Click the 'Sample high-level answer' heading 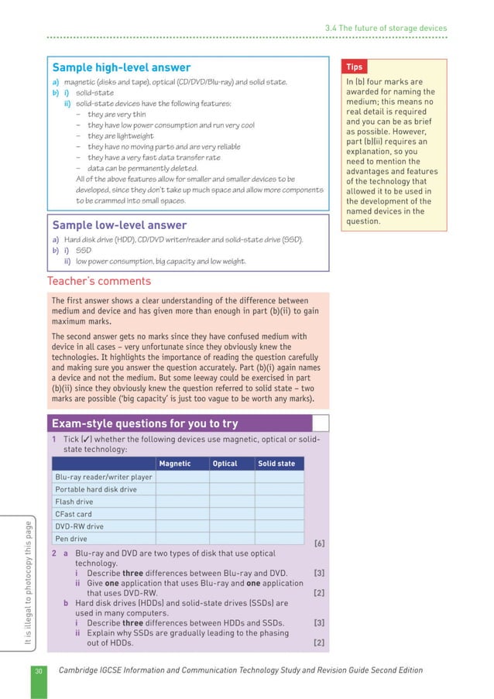[x=121, y=67]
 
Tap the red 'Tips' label [x=355, y=67]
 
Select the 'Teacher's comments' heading [x=99, y=281]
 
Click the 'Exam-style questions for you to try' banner [x=144, y=423]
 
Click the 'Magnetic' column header [x=174, y=464]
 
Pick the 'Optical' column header [x=225, y=464]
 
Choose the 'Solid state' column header [x=276, y=464]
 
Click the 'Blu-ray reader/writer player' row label [x=104, y=477]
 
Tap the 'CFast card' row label [x=74, y=514]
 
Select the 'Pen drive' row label [x=71, y=539]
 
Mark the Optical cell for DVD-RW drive [x=231, y=526]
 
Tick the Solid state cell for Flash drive [x=279, y=502]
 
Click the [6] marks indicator [x=317, y=543]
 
